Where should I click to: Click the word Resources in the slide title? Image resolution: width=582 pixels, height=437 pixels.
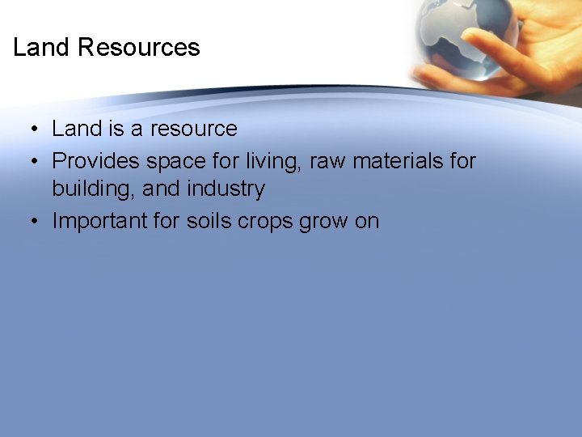pos(138,48)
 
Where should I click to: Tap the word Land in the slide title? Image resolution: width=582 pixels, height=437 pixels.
pos(42,48)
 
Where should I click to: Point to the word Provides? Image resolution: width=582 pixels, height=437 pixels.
pos(96,160)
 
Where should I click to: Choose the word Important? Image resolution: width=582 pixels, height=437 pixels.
pos(106,222)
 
